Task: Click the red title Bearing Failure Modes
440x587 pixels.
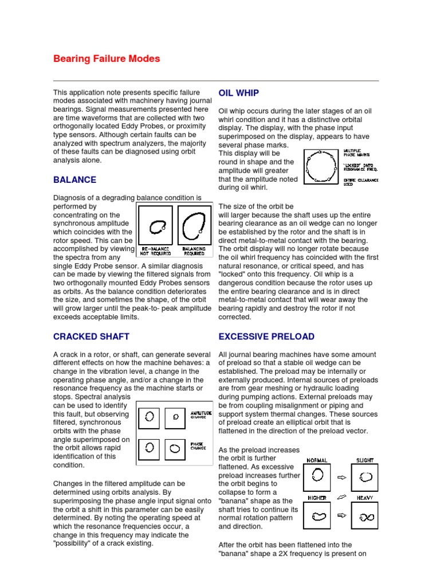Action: click(x=107, y=59)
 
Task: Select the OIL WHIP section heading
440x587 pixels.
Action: click(x=239, y=93)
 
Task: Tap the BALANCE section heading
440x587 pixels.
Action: click(x=74, y=179)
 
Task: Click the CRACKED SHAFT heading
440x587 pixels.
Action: click(x=91, y=336)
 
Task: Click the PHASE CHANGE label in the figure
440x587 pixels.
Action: click(x=198, y=445)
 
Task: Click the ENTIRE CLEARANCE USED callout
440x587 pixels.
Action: click(x=361, y=182)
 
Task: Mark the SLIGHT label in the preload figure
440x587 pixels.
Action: click(x=365, y=460)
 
